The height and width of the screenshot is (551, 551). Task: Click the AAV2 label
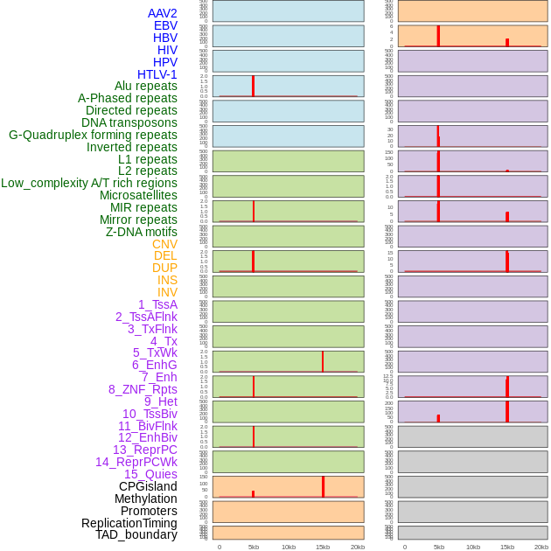coord(162,13)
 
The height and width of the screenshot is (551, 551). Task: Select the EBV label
coord(164,25)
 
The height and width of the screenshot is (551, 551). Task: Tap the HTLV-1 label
coord(157,74)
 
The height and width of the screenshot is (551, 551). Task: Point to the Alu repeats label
coord(145,86)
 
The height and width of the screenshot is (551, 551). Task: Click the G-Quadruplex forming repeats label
coord(93,135)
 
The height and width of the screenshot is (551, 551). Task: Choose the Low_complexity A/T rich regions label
coord(88,183)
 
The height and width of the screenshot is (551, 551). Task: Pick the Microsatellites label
coord(138,195)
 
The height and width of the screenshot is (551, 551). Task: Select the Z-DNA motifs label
coord(141,232)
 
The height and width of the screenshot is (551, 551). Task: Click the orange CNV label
coord(164,244)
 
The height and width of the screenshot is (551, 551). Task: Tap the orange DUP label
coord(164,268)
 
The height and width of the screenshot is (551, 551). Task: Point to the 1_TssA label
coord(157,304)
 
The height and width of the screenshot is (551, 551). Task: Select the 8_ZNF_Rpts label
coord(143,389)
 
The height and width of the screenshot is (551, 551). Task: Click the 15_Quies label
coord(150,474)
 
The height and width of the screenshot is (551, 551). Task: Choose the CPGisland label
coord(148,486)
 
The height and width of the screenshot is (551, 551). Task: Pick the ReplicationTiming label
coord(129,523)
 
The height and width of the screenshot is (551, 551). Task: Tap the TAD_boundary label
coord(136,534)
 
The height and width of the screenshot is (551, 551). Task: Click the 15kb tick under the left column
coord(323,547)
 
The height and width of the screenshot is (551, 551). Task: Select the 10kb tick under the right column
coord(473,547)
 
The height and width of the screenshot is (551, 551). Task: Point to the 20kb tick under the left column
coord(357,547)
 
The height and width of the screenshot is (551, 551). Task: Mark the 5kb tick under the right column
coord(439,547)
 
